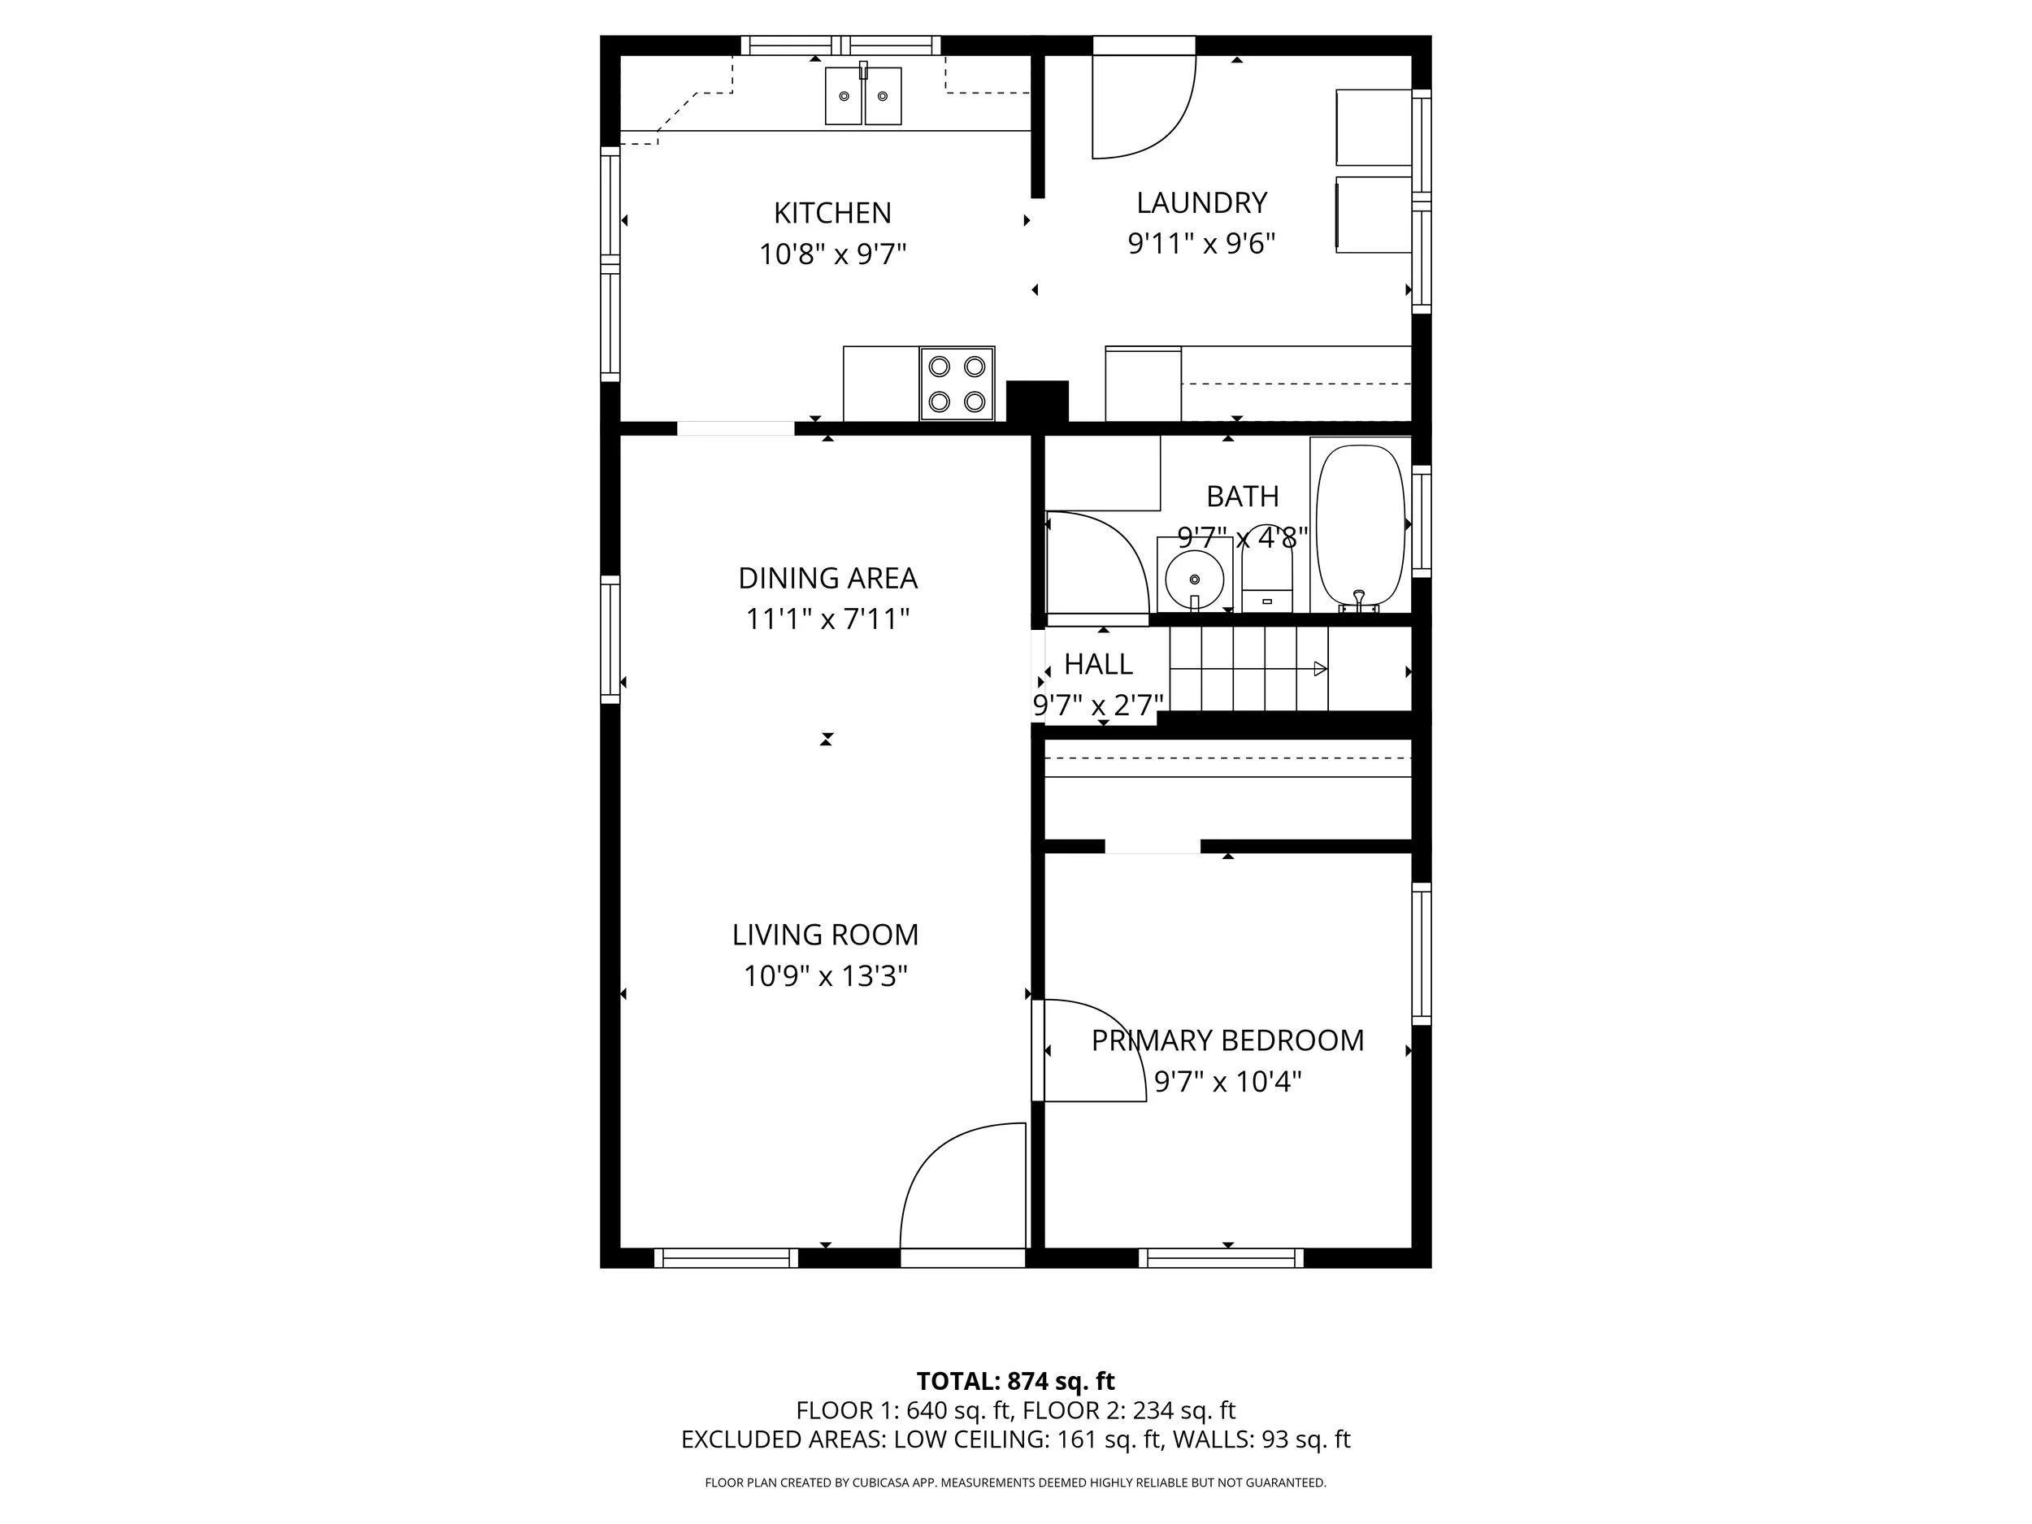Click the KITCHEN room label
point(832,213)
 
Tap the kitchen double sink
point(862,96)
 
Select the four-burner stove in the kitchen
point(957,383)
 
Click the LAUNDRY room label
point(1201,202)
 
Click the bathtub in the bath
point(1361,525)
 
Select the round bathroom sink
point(1194,577)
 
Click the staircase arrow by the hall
point(1320,669)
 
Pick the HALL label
point(1098,664)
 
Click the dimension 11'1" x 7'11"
point(827,619)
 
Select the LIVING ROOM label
point(825,934)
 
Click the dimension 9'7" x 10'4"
point(1227,1081)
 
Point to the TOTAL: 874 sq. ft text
point(1015,1381)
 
